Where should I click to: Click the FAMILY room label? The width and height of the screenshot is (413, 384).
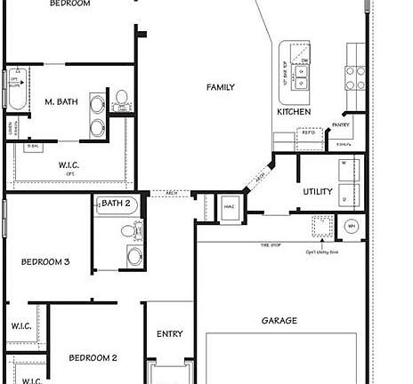coord(221,87)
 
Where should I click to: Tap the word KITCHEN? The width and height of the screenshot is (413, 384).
coord(294,113)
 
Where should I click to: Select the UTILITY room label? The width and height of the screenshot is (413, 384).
coord(318,191)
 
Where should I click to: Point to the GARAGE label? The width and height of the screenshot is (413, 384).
coord(279,320)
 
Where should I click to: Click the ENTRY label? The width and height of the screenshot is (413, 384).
coord(169,334)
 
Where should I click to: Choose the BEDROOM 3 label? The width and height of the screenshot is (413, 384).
coord(45,261)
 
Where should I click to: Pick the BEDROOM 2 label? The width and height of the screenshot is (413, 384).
coord(94,357)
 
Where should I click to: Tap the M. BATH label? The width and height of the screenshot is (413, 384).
coord(61,102)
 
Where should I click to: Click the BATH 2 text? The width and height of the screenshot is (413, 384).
coord(116,204)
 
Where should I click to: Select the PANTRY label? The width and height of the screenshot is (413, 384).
coord(340,125)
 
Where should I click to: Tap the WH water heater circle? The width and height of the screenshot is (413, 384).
coord(352,225)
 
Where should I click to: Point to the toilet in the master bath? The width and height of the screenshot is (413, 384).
coord(119,97)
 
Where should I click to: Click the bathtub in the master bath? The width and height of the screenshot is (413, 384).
coord(16,89)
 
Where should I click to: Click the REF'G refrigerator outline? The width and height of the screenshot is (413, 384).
coord(308,135)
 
